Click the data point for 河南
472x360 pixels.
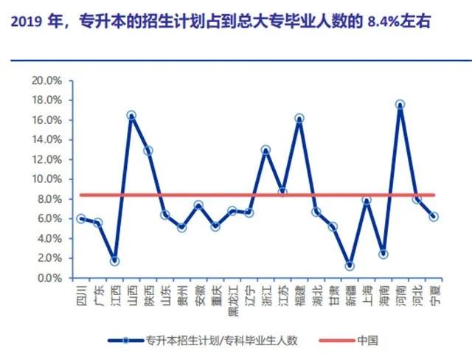(x=400, y=105)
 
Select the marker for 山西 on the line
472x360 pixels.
(x=131, y=115)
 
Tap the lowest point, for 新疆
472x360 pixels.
(x=350, y=266)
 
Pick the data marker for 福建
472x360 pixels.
(x=299, y=118)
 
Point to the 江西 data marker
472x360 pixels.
(x=114, y=261)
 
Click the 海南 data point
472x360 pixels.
(x=383, y=254)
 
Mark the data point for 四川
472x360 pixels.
(x=80, y=219)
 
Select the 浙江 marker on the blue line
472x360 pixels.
(x=265, y=150)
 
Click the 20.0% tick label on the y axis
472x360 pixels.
(x=46, y=80)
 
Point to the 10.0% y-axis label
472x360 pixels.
(x=46, y=179)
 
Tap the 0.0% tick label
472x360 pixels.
(x=49, y=278)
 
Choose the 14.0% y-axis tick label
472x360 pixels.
(x=46, y=139)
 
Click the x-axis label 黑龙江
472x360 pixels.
(x=233, y=301)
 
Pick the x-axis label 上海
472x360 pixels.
(x=367, y=296)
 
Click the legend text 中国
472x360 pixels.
(x=367, y=340)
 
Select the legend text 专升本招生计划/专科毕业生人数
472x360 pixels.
(x=221, y=340)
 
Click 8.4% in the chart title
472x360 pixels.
(x=383, y=22)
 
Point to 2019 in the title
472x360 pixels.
(x=27, y=22)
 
